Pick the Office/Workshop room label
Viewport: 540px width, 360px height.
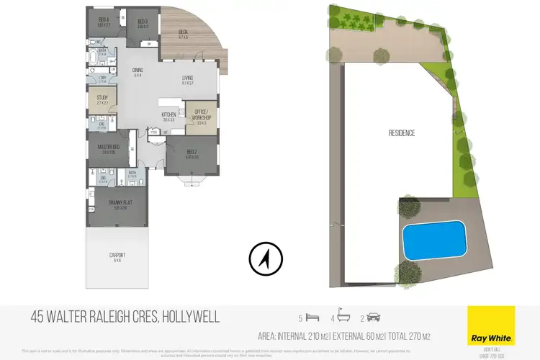coord(201,116)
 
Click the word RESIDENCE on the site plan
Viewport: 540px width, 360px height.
coord(402,133)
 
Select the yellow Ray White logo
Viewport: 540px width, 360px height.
coord(491,325)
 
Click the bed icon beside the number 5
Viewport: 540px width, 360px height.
coord(312,317)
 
